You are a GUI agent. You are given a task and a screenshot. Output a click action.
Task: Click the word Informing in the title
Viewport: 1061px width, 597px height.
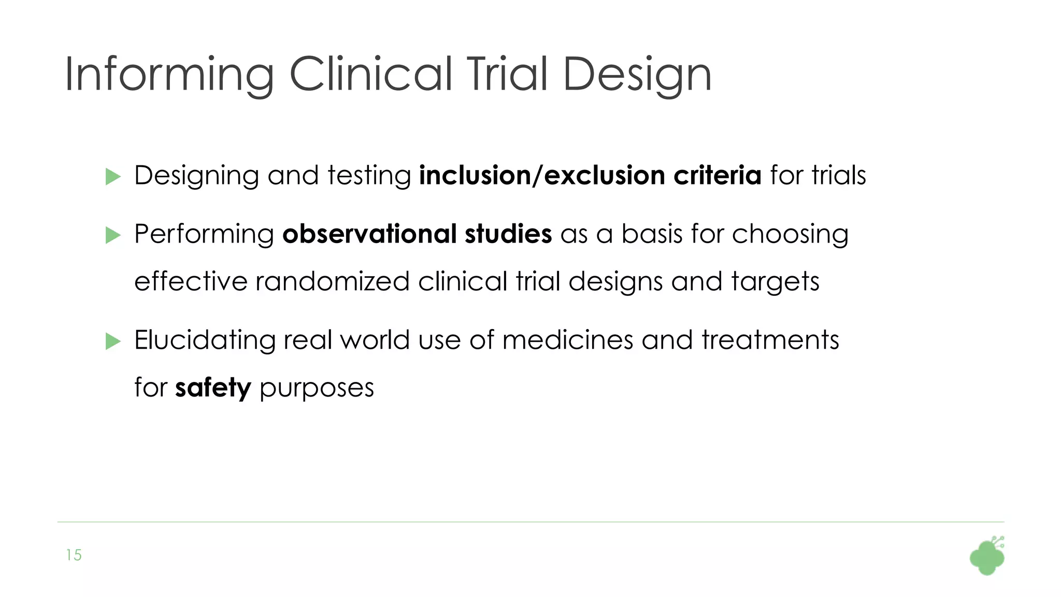point(169,75)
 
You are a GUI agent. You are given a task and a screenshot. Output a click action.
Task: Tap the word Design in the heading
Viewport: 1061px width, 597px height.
point(637,75)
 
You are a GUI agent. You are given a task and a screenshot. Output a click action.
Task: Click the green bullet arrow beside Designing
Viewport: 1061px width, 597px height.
point(113,177)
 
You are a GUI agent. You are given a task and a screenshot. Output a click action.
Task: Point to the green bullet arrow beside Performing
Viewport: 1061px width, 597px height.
point(113,235)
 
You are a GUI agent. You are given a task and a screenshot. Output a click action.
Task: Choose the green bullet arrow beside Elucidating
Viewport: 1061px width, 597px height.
point(113,341)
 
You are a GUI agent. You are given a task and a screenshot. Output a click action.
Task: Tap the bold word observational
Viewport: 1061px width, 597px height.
point(369,234)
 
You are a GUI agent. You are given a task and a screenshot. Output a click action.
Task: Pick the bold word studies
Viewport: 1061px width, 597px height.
point(508,234)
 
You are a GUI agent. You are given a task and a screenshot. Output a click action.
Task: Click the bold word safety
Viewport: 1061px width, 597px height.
point(213,388)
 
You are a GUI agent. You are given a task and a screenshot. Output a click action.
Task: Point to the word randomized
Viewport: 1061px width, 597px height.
point(333,282)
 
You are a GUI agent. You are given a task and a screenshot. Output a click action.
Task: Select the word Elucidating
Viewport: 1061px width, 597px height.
point(205,340)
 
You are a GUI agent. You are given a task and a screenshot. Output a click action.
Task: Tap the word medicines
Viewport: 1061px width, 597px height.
point(567,340)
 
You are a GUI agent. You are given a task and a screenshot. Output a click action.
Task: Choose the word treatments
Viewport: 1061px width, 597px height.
point(770,340)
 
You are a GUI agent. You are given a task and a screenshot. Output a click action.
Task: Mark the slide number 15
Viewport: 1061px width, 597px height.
point(74,555)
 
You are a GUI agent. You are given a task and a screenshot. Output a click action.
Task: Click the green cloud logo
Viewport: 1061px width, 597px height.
point(987,557)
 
